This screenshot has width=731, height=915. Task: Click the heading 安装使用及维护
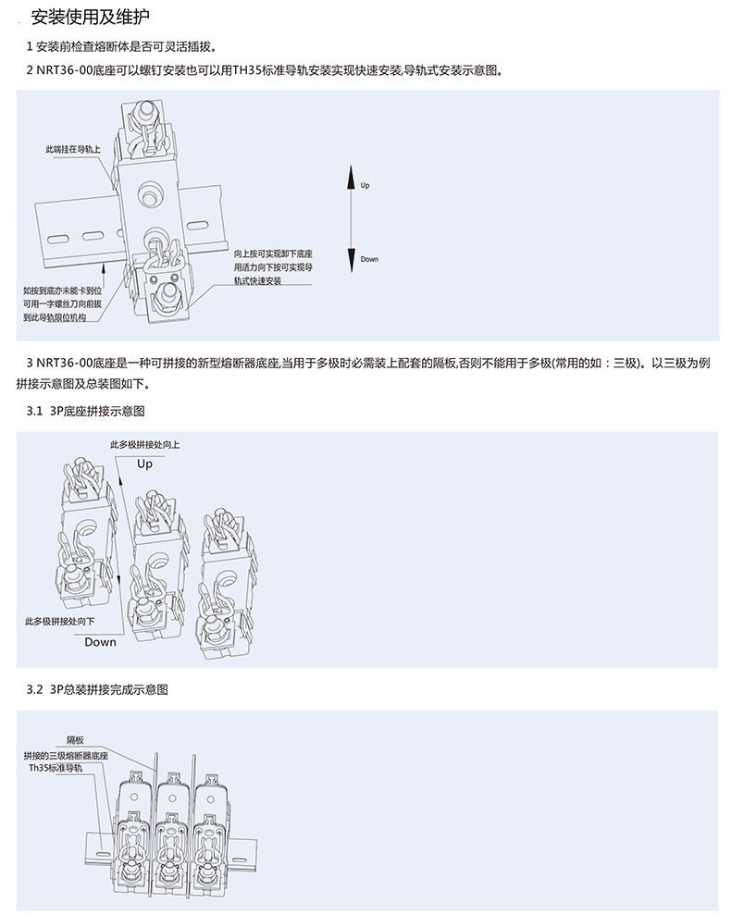(x=87, y=18)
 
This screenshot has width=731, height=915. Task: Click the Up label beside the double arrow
(x=365, y=186)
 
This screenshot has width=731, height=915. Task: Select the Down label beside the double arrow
(x=369, y=259)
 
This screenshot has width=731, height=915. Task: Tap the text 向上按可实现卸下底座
(x=273, y=253)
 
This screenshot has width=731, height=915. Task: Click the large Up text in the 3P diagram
(x=144, y=464)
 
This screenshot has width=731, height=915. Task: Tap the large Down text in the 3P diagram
(x=101, y=641)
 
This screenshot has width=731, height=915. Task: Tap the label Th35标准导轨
(x=56, y=768)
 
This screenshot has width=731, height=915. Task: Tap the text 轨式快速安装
(x=257, y=279)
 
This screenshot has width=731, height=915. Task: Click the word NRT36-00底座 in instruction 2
(x=75, y=70)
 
